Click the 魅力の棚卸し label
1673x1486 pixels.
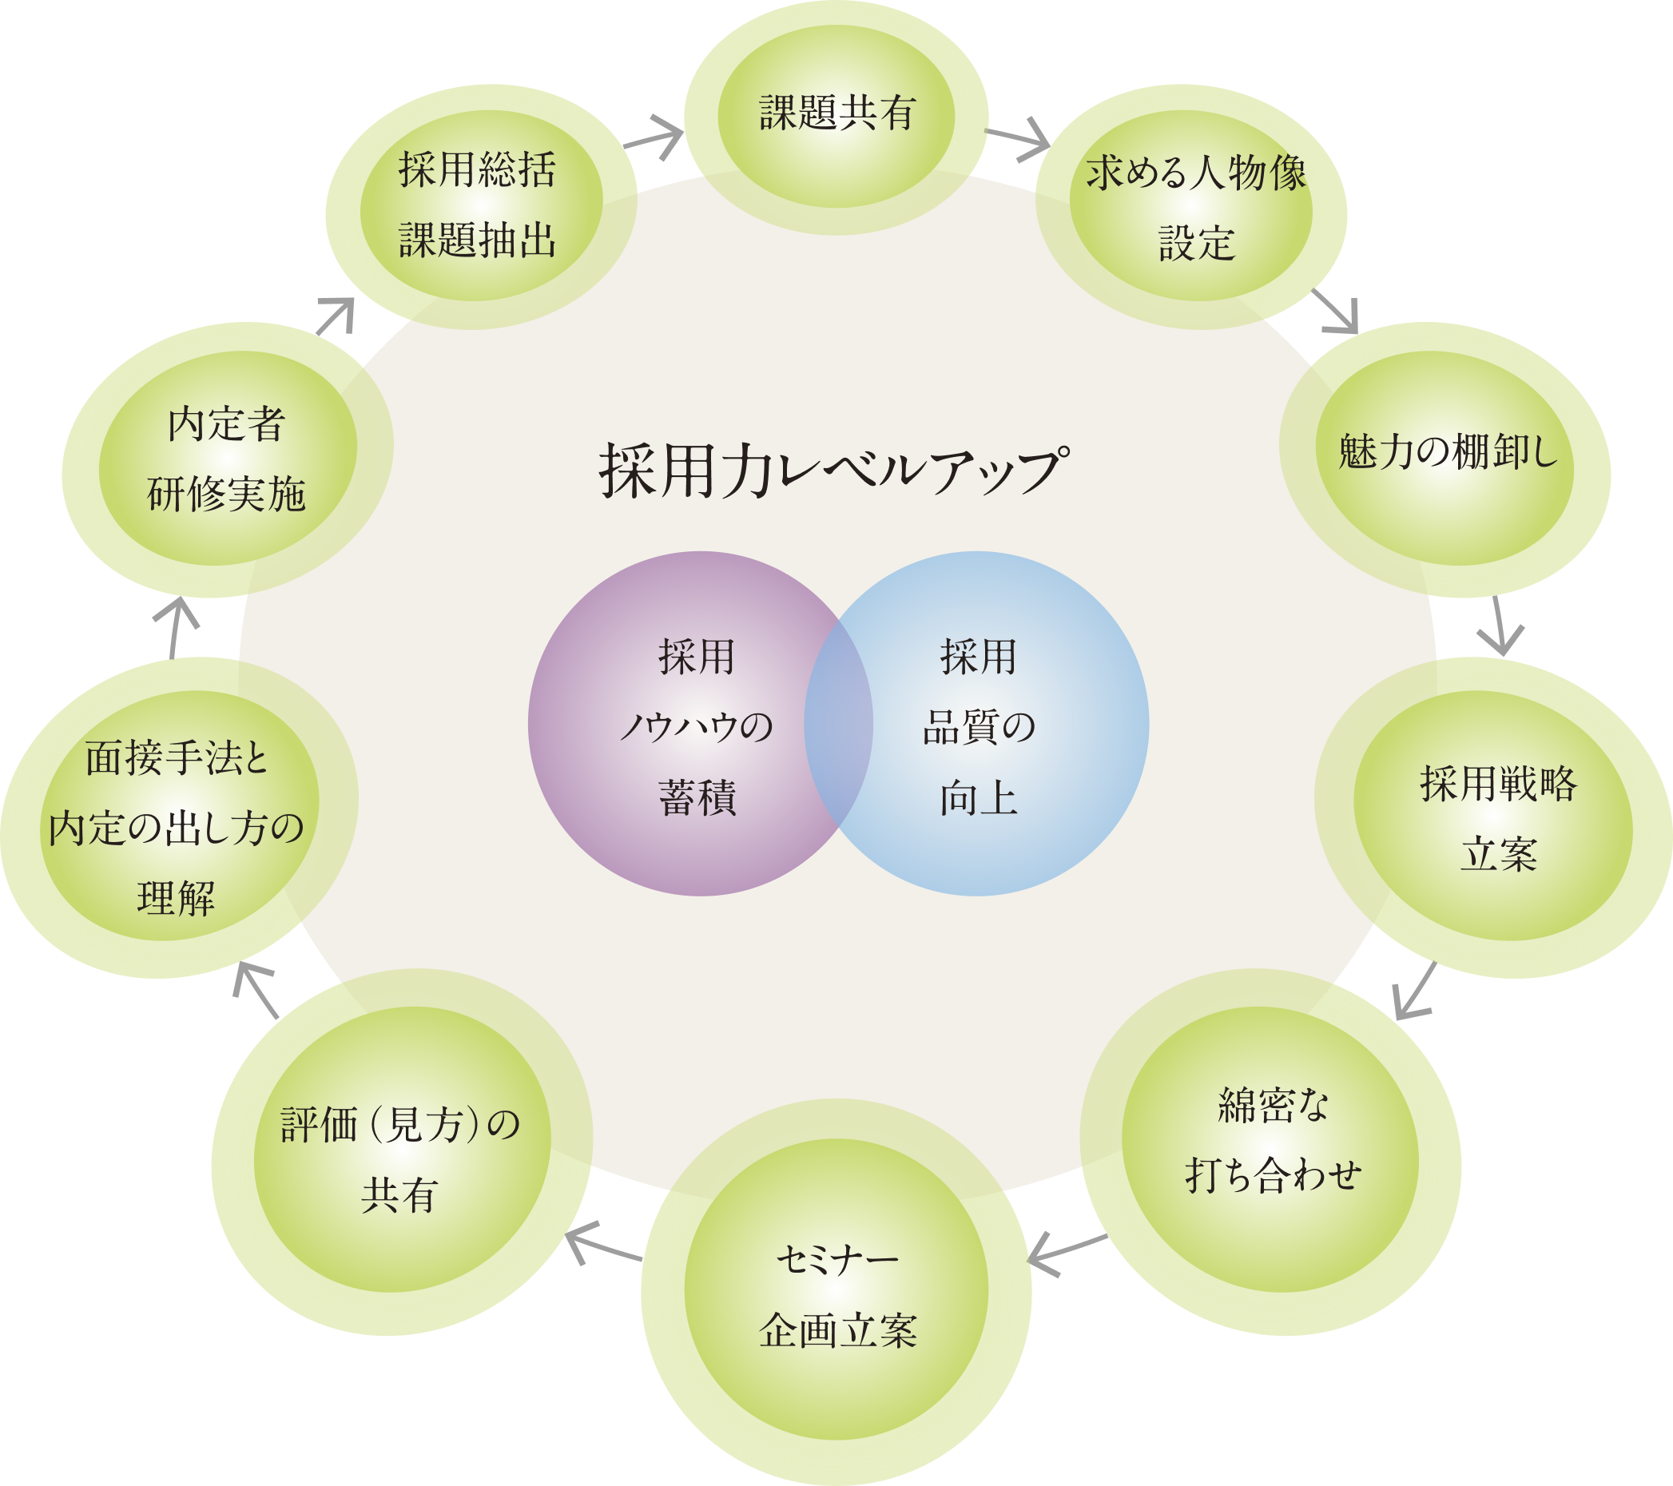point(1447,452)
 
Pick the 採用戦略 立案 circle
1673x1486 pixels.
point(1498,818)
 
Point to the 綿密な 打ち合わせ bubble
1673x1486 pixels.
point(1272,1142)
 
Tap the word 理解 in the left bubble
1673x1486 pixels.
point(176,899)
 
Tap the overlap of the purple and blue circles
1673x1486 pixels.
point(838,725)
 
